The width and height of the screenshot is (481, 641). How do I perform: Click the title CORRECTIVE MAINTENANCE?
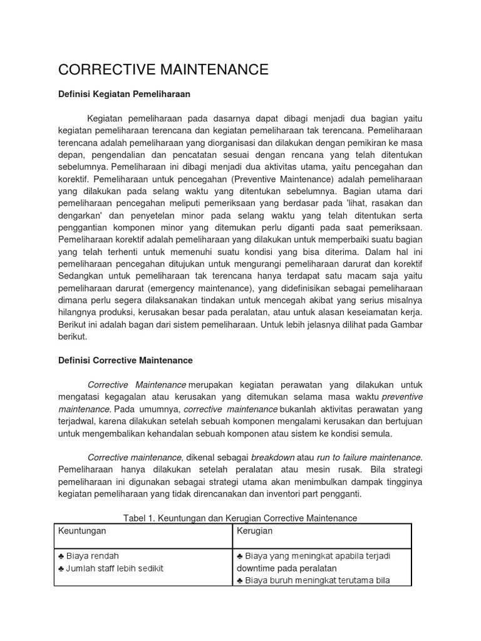163,69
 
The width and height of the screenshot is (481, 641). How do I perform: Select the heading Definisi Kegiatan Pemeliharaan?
123,95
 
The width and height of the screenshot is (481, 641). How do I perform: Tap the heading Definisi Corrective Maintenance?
125,361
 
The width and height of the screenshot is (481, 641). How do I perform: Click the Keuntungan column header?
82,531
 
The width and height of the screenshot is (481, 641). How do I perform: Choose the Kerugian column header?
255,531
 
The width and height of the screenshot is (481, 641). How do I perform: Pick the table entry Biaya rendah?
91,556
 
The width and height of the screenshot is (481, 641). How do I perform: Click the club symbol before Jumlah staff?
61,568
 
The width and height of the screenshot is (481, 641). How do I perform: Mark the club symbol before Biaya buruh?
240,580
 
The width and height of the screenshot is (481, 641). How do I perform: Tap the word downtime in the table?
258,568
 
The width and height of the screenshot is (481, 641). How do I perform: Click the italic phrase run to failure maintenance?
370,458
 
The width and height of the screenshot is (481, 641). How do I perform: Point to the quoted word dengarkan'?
78,215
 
